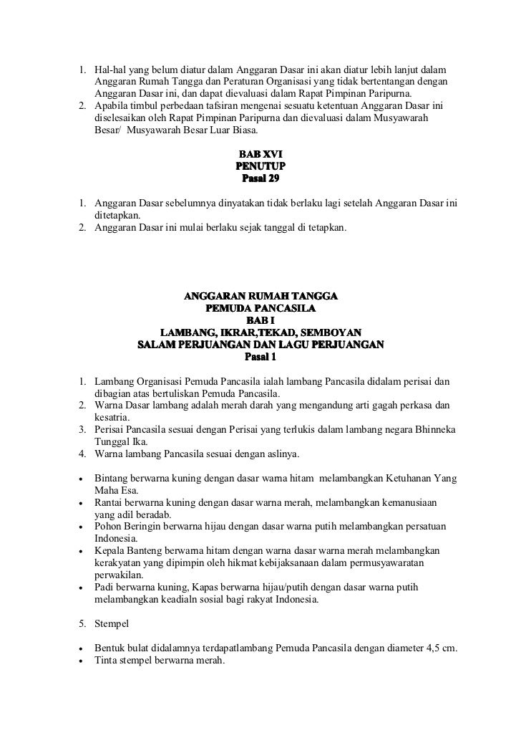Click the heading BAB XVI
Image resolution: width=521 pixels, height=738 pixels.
tap(260, 153)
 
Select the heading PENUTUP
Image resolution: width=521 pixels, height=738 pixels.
tap(260, 166)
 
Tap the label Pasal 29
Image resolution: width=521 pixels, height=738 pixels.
tap(260, 178)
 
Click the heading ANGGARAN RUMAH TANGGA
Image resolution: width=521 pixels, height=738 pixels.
tap(260, 296)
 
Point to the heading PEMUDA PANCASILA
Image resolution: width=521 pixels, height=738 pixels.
tap(260, 308)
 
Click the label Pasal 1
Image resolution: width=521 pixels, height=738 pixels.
tap(260, 356)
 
